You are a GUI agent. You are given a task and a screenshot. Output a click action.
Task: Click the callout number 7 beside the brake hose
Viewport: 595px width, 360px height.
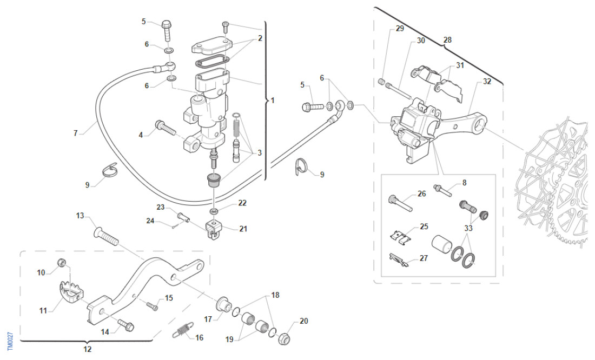coord(76,132)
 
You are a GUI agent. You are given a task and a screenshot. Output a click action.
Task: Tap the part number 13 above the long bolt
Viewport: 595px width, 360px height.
coord(80,216)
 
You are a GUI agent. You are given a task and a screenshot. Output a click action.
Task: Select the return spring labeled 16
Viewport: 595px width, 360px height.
coord(183,329)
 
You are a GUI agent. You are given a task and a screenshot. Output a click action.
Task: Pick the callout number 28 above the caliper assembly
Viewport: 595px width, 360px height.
coord(447,39)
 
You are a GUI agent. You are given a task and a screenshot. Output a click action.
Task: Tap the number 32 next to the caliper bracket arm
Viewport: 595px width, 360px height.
coord(487,82)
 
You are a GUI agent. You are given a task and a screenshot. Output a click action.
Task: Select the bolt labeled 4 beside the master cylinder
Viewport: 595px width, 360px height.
coord(165,129)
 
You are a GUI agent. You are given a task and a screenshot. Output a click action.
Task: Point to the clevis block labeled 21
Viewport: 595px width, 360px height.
coord(214,230)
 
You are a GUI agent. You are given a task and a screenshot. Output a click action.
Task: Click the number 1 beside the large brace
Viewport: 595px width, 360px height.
coord(273,101)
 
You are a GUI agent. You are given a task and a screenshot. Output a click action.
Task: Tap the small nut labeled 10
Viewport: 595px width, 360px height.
coord(62,264)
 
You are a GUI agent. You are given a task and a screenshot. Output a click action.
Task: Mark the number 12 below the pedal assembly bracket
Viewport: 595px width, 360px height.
coord(88,349)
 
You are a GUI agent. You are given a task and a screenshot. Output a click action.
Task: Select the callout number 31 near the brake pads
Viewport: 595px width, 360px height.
coord(460,65)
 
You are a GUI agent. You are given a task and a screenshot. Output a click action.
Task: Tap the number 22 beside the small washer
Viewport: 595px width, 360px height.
coord(242,203)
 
